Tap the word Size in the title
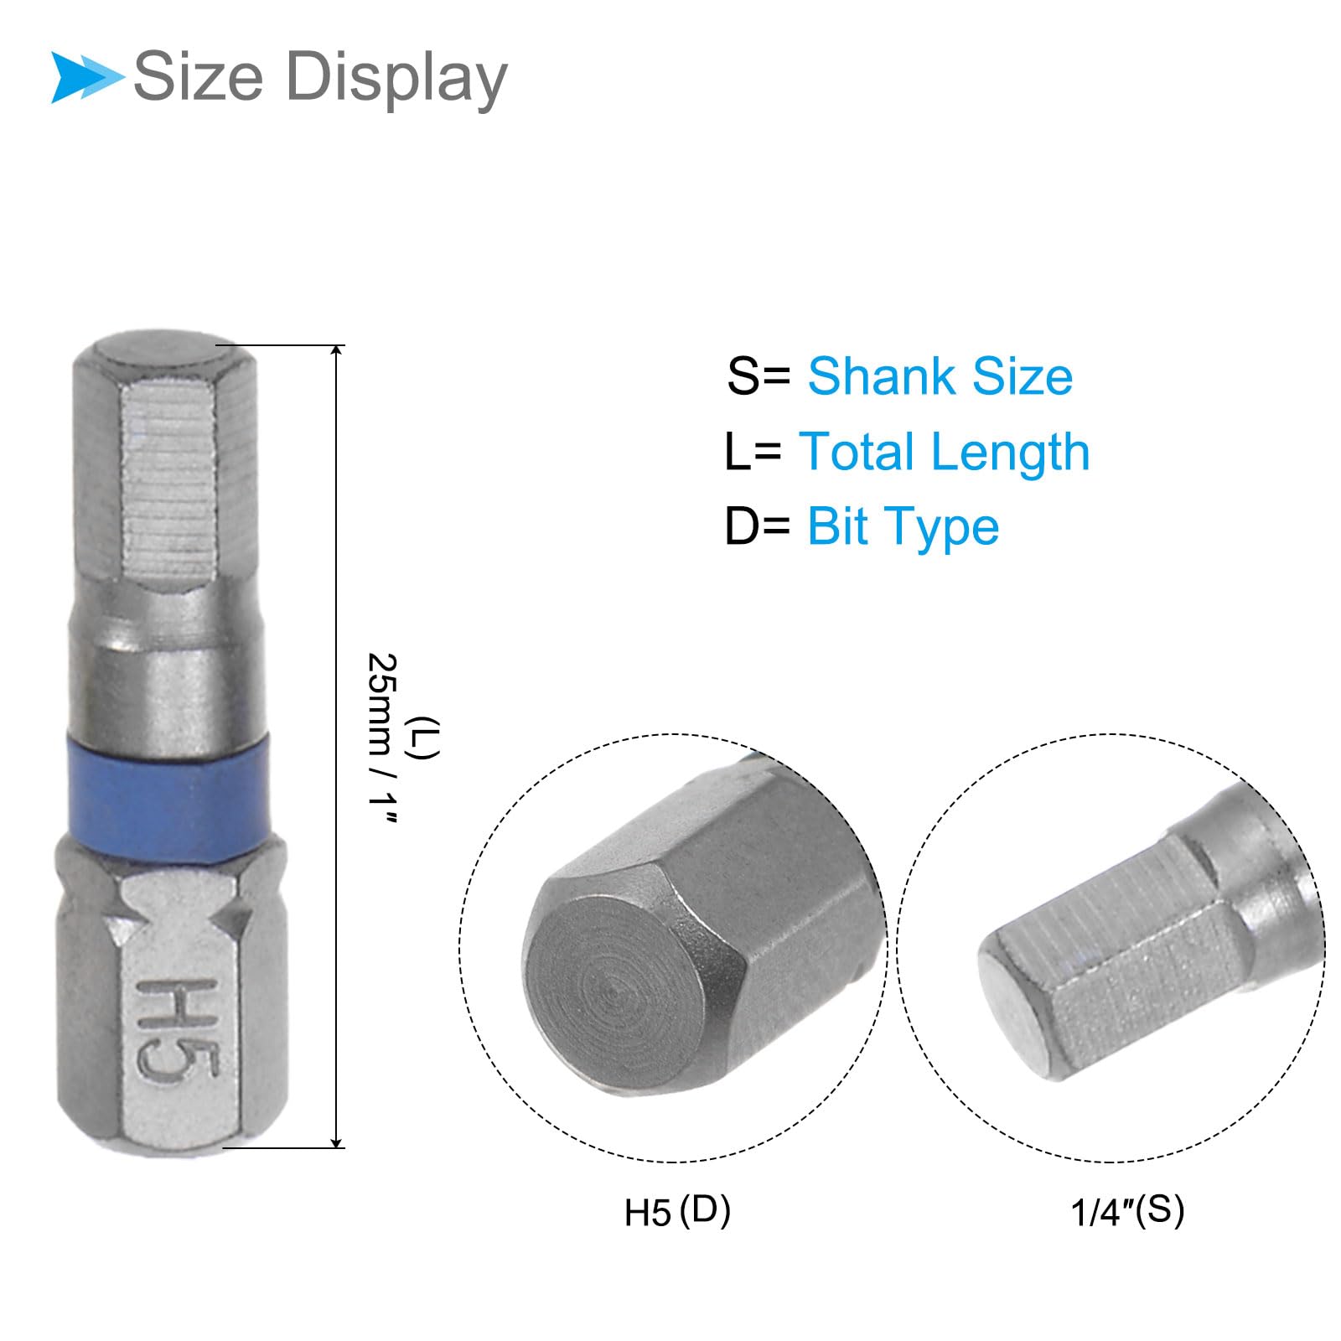click(199, 76)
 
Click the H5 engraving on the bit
click(178, 1029)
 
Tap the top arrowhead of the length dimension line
click(337, 352)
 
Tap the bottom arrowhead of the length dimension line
click(337, 1141)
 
